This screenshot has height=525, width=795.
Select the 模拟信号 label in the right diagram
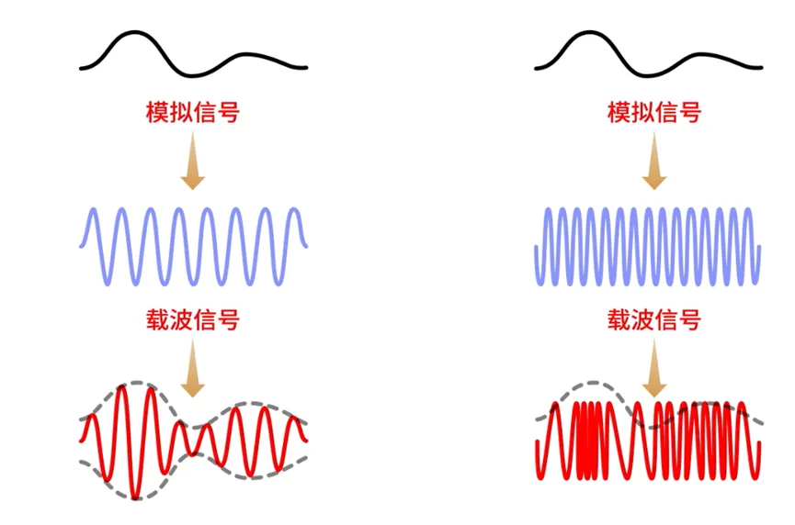pyautogui.click(x=653, y=113)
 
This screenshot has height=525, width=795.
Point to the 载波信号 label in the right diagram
pyautogui.click(x=653, y=320)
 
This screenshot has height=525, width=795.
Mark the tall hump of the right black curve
pyautogui.click(x=593, y=35)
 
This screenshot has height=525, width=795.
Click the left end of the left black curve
pyautogui.click(x=82, y=68)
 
